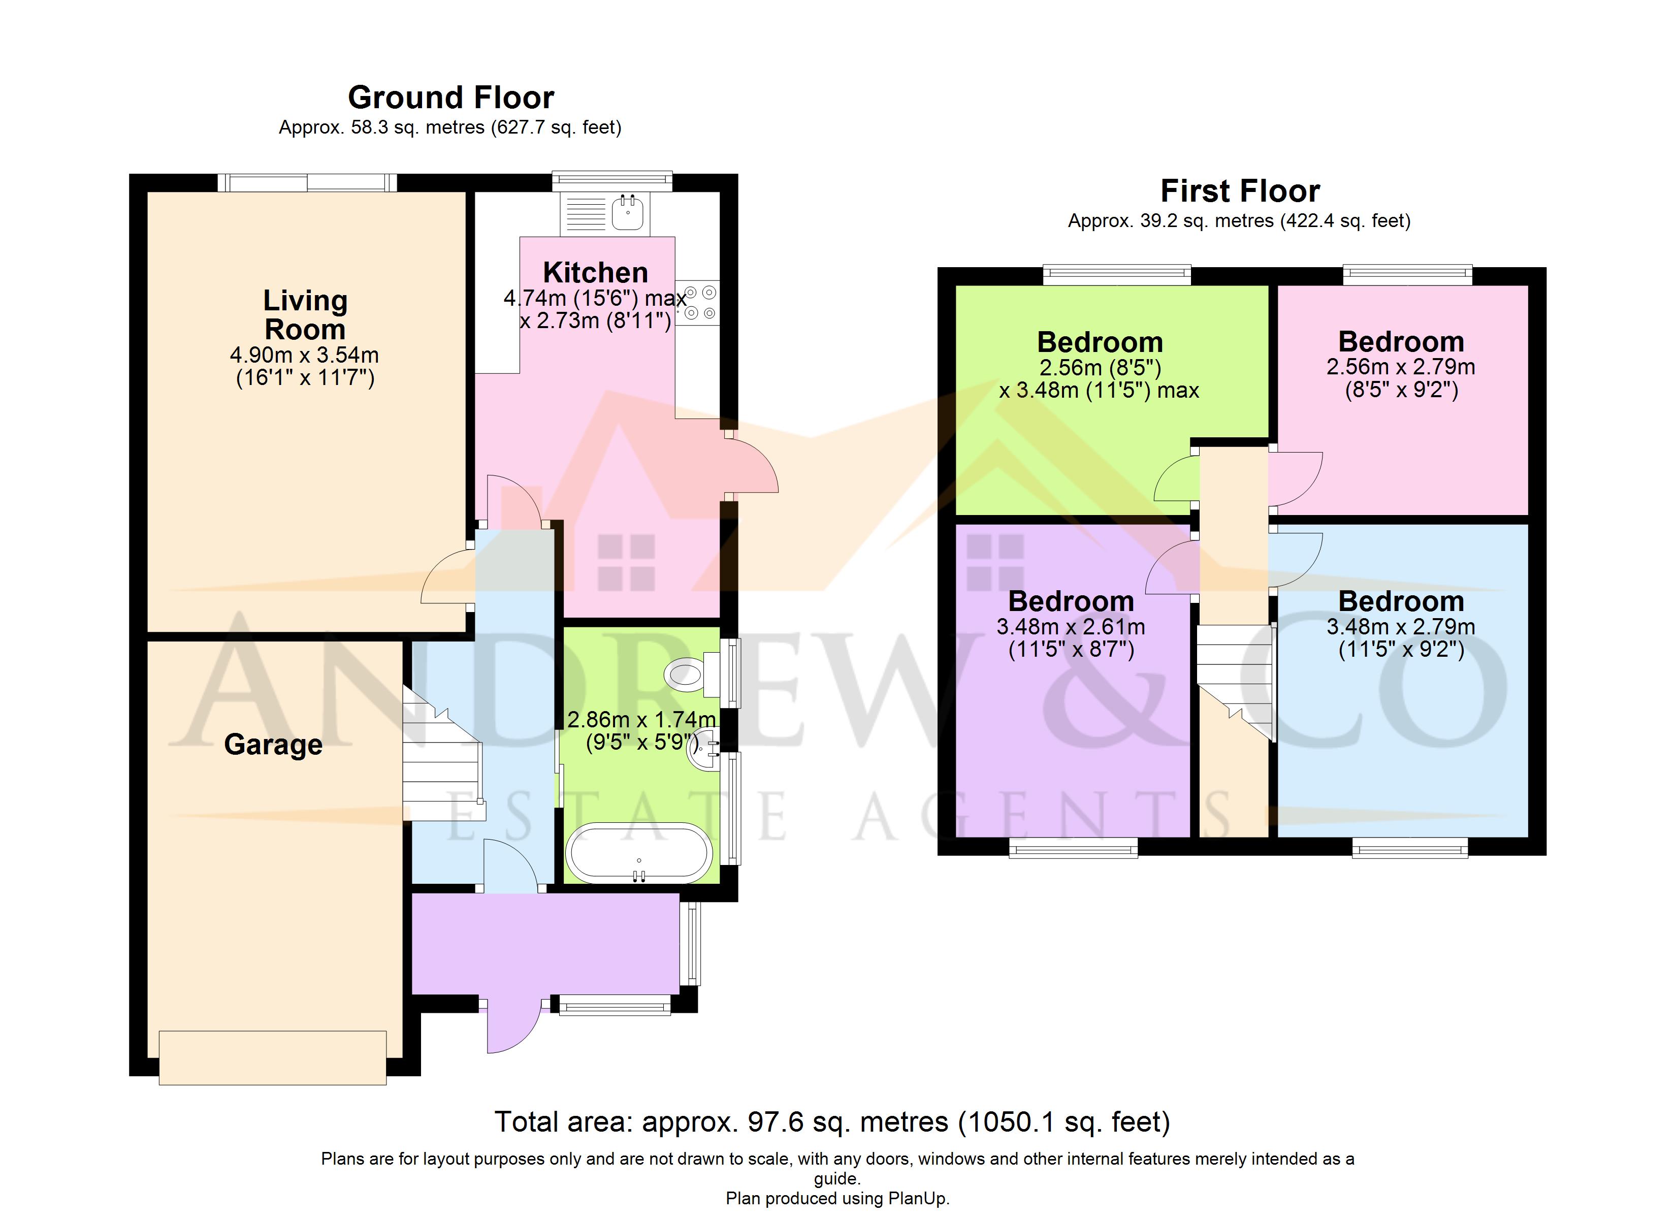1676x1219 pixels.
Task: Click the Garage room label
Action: (273, 745)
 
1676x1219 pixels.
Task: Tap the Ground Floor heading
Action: (451, 98)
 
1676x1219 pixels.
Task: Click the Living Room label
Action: (305, 315)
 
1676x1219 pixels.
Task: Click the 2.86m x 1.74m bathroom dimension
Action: (641, 730)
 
